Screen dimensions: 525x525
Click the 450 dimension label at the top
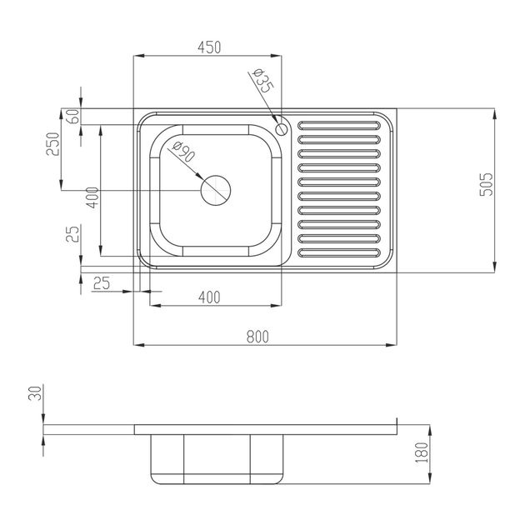[x=209, y=47]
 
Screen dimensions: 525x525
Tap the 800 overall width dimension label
[x=257, y=337]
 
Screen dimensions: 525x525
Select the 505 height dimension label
[x=486, y=184]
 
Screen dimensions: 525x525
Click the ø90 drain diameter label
[x=184, y=152]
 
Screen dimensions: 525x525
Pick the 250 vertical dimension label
[x=52, y=144]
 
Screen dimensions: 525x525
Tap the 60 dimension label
[x=73, y=117]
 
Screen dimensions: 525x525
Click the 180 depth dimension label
[x=422, y=452]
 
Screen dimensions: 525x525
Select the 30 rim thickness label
[x=35, y=393]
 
